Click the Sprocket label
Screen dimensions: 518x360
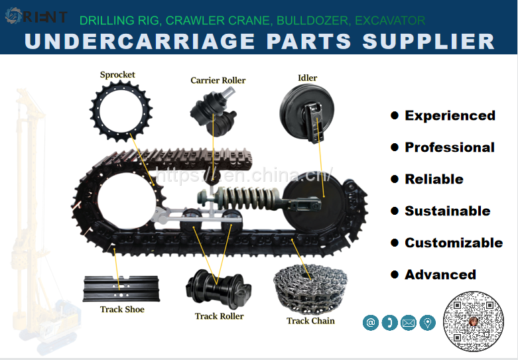[117, 75]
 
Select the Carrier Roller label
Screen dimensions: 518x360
[218, 80]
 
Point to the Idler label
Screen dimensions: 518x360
[307, 78]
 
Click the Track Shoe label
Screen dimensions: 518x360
[122, 309]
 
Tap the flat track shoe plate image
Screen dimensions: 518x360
[121, 288]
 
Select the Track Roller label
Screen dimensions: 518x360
[219, 316]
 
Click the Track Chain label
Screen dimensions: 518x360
[310, 321]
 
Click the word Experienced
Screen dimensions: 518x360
[450, 115]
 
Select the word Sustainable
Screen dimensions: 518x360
[447, 211]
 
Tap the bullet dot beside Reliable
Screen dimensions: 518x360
[395, 179]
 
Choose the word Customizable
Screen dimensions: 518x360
[454, 243]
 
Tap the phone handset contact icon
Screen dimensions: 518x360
[389, 323]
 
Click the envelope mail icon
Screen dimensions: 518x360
[409, 323]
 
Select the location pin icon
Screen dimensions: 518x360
[428, 323]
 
